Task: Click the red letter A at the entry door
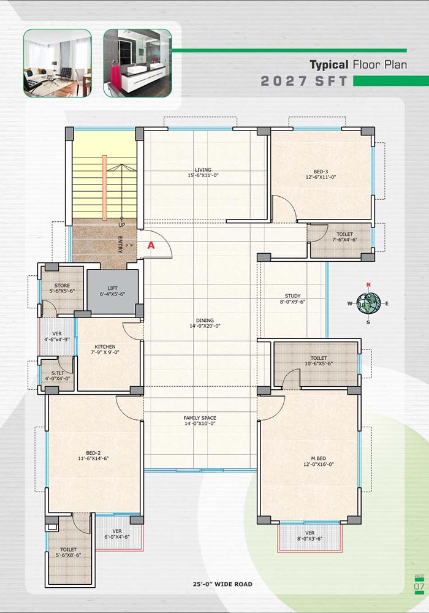click(151, 246)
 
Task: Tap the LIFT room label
click(113, 288)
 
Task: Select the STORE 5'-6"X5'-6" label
click(62, 288)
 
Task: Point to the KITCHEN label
click(105, 347)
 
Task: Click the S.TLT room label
click(58, 373)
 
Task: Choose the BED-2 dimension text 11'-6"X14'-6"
click(93, 458)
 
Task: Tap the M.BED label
click(319, 458)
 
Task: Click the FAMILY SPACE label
click(200, 418)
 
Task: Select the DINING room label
click(205, 320)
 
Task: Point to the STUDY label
click(293, 296)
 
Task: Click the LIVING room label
click(203, 170)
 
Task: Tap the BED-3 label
click(321, 172)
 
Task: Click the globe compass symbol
click(368, 303)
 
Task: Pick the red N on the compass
click(368, 284)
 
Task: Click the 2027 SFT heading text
click(304, 81)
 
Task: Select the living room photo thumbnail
click(58, 63)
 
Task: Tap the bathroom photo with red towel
click(137, 63)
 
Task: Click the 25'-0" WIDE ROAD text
click(222, 584)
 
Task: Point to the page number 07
click(419, 587)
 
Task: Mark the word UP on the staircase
click(122, 225)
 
